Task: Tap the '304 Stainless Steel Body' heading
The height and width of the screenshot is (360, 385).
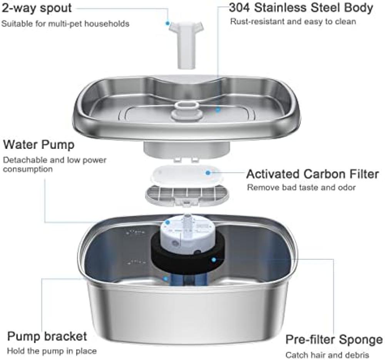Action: click(x=301, y=7)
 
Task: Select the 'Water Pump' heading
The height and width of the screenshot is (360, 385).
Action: click(x=38, y=145)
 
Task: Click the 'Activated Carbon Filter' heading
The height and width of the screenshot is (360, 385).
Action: click(x=313, y=174)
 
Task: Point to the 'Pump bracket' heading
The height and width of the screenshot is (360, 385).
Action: click(x=47, y=336)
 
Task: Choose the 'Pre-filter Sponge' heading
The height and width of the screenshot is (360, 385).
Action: click(x=334, y=340)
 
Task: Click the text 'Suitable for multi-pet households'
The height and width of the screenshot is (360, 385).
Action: click(x=65, y=24)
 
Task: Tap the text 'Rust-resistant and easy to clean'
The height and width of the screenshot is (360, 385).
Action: click(x=293, y=22)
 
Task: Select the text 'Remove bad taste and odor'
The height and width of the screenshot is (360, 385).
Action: click(x=301, y=187)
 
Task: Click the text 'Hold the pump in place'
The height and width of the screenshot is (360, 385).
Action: click(x=52, y=351)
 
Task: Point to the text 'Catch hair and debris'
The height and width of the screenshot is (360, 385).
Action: click(x=327, y=355)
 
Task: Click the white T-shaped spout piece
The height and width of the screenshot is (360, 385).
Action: click(x=186, y=44)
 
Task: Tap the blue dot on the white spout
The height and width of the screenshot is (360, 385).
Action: click(x=167, y=23)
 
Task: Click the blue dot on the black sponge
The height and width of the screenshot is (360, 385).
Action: click(x=214, y=260)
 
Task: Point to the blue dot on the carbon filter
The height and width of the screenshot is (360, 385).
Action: click(x=208, y=173)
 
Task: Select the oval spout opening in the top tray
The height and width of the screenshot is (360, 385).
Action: click(x=187, y=105)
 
